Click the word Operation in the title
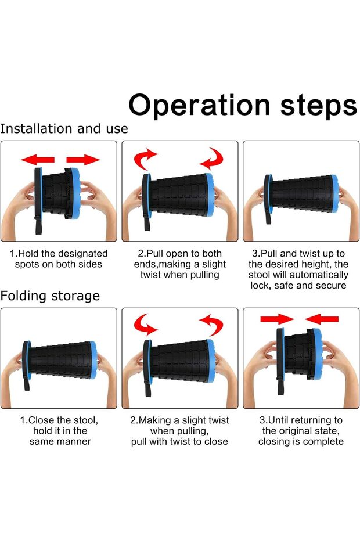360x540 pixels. tap(199, 105)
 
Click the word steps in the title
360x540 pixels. tap(319, 106)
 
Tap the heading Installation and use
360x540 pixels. tap(64, 129)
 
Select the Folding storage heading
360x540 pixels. tap(50, 296)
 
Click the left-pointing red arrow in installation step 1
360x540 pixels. tap(38, 160)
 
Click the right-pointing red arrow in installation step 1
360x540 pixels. tap(83, 160)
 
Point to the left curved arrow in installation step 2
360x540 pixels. tap(145, 159)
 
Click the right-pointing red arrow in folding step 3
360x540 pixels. tap(277, 319)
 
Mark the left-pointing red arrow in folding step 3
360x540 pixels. tap(322, 319)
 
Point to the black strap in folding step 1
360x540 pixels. tap(27, 381)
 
